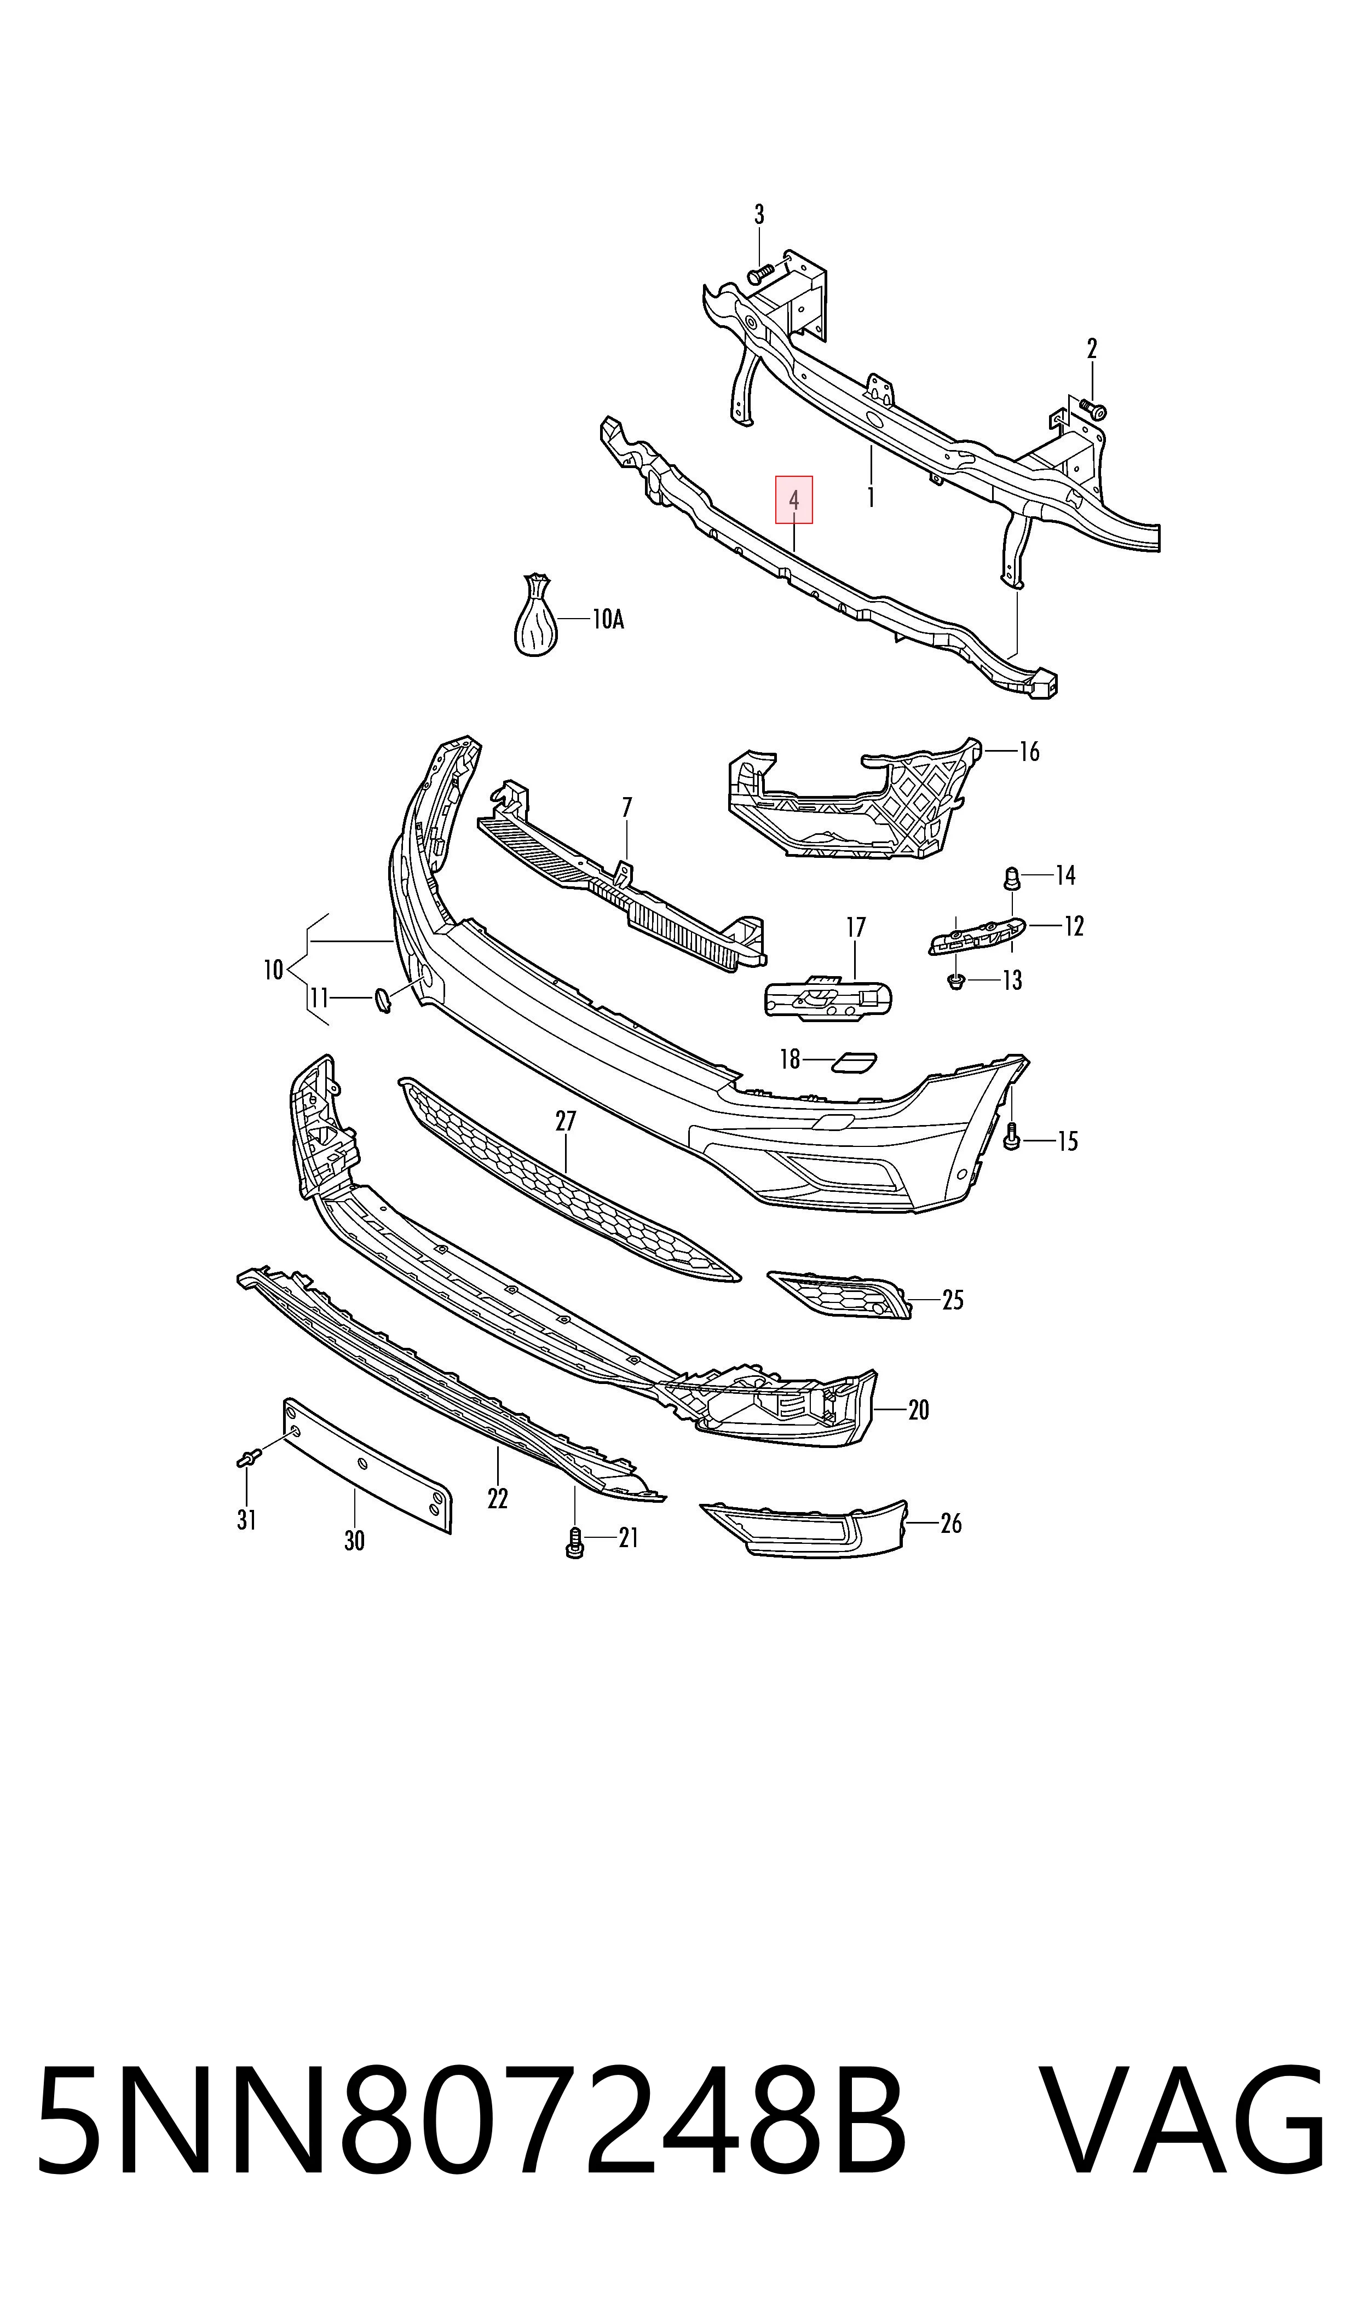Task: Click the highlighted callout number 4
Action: (x=794, y=500)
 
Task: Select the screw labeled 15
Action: (x=1012, y=1137)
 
